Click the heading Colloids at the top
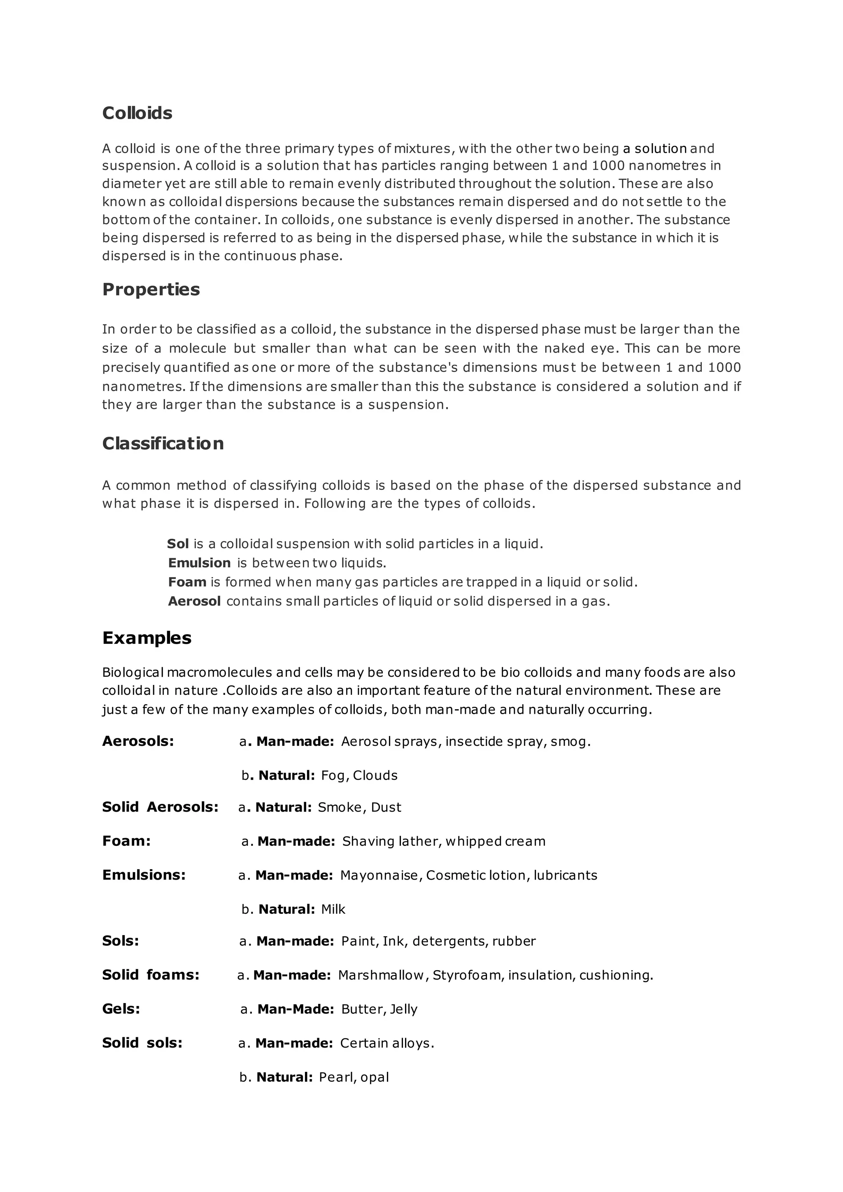coord(137,113)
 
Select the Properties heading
coord(151,289)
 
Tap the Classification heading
coord(163,443)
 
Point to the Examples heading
coord(147,638)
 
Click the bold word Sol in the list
coord(177,544)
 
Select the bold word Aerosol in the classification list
coord(194,601)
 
